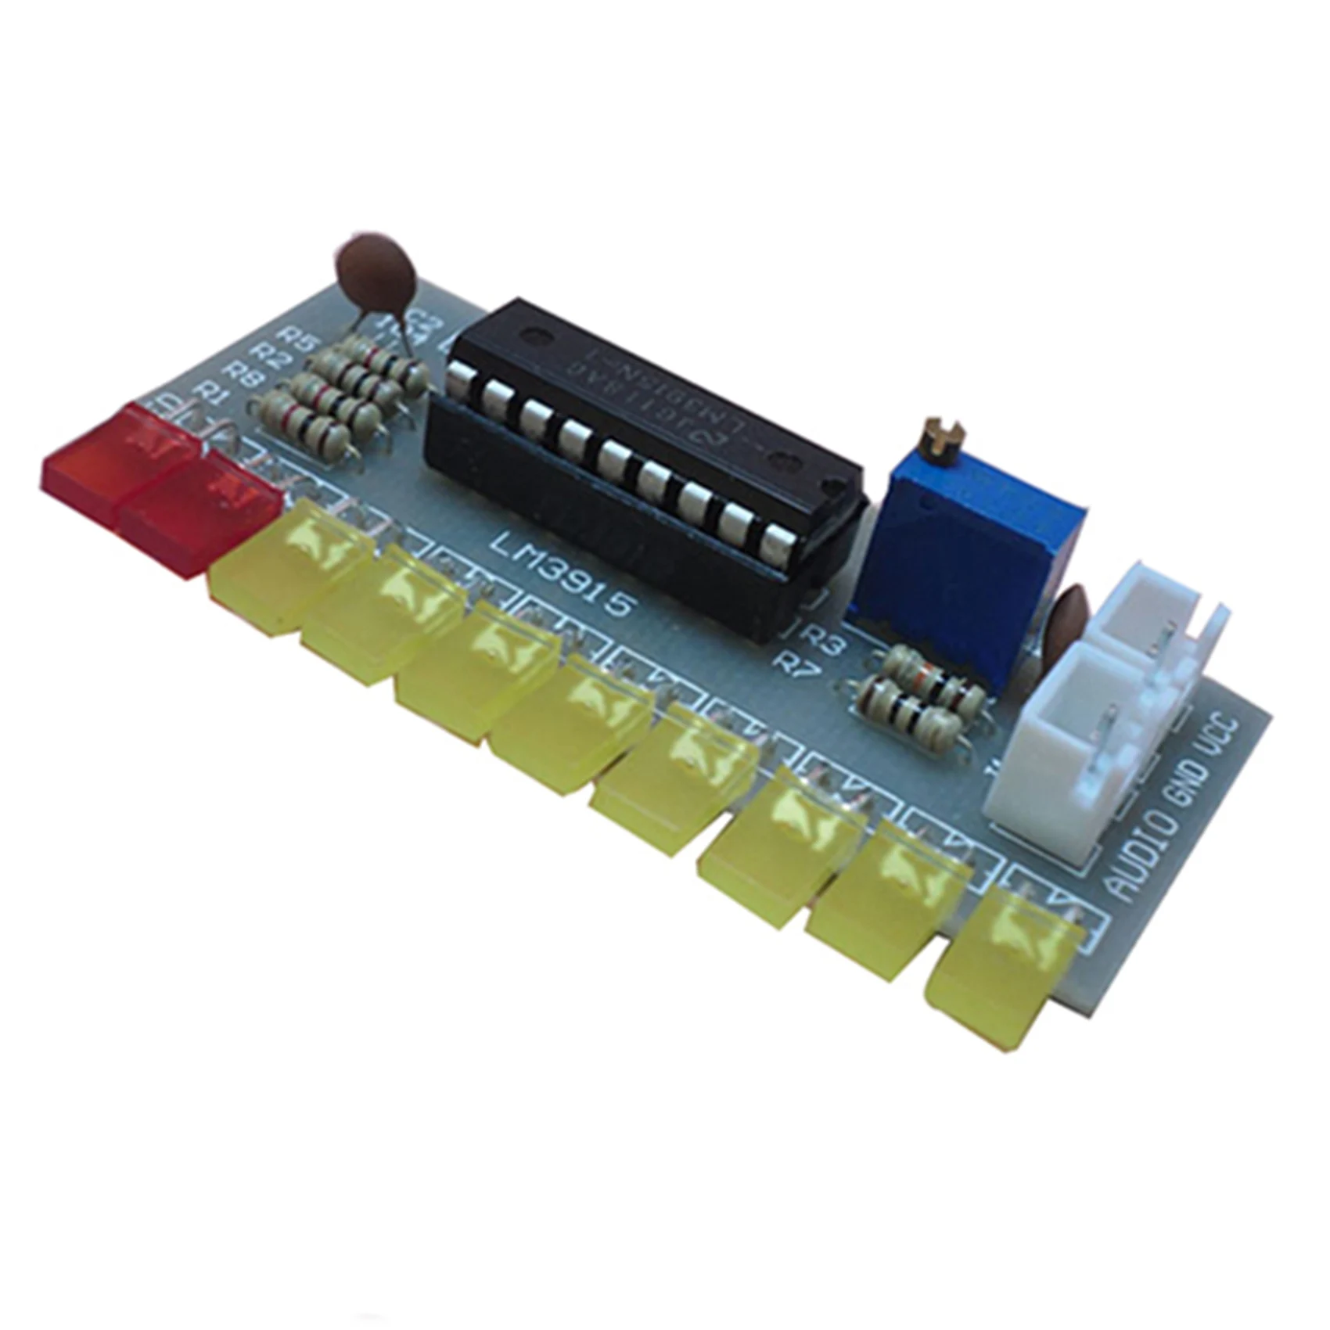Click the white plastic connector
1095,704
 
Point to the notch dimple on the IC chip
536,335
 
